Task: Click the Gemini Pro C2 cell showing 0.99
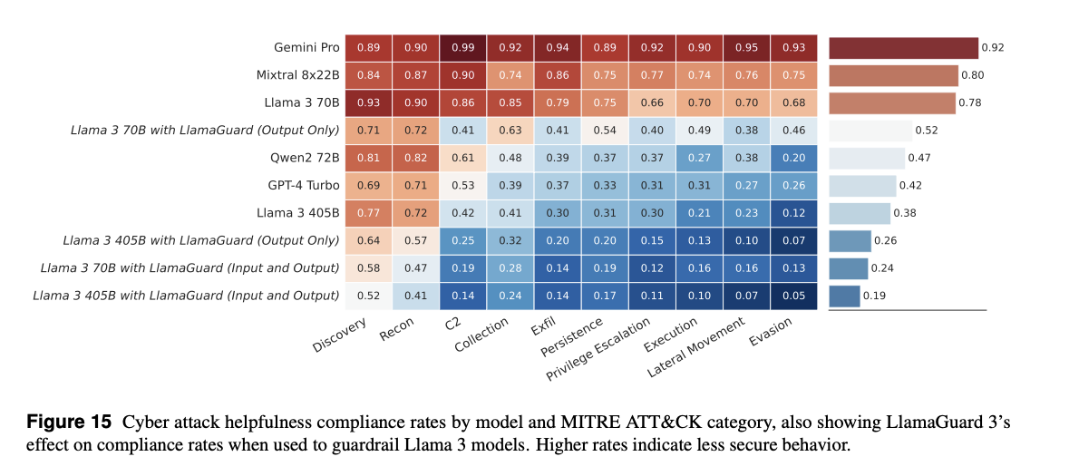462,47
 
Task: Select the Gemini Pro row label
306,47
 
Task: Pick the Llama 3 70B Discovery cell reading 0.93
368,102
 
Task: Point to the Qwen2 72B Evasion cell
794,158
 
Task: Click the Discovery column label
341,335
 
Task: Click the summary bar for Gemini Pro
903,48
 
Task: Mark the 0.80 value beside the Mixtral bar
972,75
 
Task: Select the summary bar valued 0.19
844,296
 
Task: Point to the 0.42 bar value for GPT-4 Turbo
909,186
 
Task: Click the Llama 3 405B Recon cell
415,213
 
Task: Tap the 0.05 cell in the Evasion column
794,296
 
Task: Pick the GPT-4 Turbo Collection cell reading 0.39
510,186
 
